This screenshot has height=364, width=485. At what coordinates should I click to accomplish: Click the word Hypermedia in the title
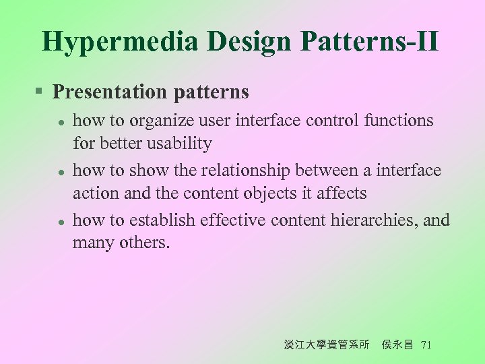click(120, 41)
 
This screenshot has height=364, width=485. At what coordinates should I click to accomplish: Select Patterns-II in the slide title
click(370, 41)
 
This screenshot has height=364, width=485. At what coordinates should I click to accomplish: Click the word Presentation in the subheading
click(104, 92)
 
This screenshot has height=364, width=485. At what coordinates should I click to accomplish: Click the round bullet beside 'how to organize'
click(60, 122)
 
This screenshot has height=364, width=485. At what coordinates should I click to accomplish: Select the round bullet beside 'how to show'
click(60, 172)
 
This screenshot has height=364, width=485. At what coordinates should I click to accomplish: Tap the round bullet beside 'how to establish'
click(60, 222)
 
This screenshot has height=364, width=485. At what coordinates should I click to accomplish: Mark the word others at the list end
click(145, 243)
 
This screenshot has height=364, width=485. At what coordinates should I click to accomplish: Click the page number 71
click(425, 344)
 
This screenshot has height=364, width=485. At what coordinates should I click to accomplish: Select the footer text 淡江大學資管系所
click(327, 344)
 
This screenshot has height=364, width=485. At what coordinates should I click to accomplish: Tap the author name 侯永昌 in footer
click(397, 344)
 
